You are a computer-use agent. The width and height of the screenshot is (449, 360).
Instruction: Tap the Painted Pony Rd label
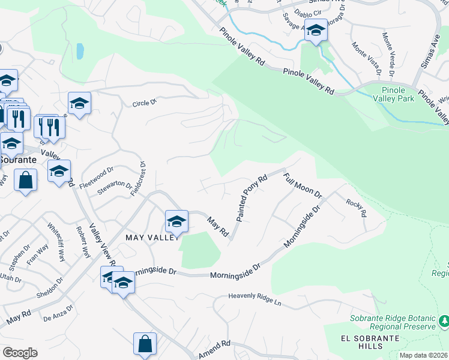(252, 199)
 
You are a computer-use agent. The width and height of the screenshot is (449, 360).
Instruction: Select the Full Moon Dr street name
(303, 186)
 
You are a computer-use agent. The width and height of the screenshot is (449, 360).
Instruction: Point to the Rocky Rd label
(357, 207)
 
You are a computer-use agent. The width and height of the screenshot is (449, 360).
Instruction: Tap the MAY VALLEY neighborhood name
(152, 238)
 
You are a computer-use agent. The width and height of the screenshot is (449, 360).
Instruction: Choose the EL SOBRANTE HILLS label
(362, 342)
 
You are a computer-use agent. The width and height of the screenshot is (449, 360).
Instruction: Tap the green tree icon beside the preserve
(444, 323)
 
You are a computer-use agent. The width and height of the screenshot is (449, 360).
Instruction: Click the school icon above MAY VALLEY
(176, 221)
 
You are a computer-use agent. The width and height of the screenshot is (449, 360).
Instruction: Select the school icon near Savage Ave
(315, 29)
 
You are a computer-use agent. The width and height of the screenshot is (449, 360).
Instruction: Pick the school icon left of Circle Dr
(79, 103)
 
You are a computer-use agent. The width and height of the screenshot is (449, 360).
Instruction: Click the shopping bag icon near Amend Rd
(145, 344)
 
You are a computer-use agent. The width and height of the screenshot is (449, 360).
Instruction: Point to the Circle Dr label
(144, 103)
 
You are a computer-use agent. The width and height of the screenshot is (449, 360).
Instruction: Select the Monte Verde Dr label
(388, 55)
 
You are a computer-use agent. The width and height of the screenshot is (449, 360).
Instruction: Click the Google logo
(19, 353)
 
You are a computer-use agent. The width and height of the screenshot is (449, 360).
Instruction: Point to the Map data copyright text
(424, 355)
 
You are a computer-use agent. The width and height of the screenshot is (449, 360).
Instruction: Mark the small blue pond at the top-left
(80, 52)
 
